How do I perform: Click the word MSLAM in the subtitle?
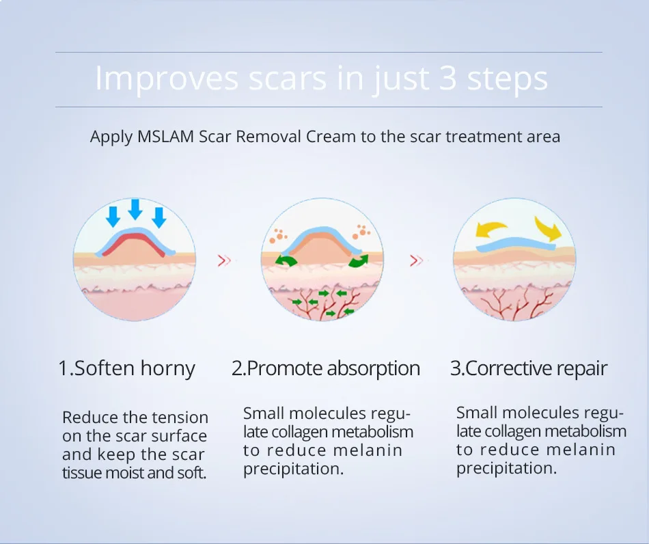point(167,136)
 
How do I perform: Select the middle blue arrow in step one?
point(135,208)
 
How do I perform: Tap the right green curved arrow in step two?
point(358,261)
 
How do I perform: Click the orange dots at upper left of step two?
point(277,236)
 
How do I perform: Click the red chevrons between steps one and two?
point(224,260)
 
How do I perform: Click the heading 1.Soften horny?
point(126,369)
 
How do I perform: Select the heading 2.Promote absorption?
point(325,369)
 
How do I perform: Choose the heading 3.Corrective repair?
point(528,369)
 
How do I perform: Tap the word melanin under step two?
point(368,450)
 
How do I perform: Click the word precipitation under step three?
point(506,468)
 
